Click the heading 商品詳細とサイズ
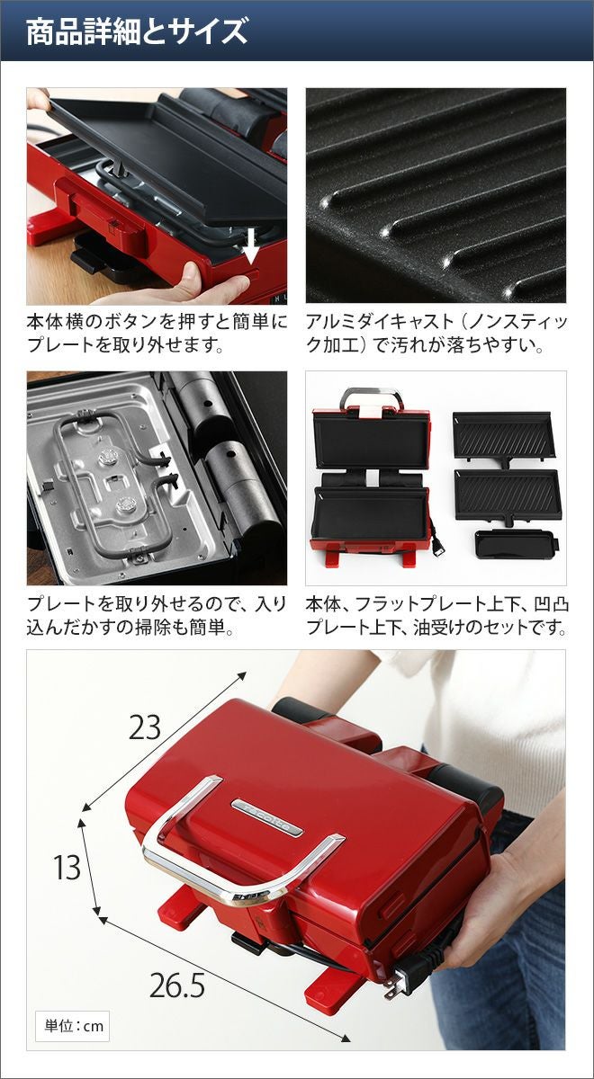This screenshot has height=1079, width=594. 137,31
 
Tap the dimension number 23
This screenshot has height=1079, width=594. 145,727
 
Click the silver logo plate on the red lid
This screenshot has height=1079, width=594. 266,818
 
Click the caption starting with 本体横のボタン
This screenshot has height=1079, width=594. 157,334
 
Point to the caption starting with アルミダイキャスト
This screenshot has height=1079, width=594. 436,334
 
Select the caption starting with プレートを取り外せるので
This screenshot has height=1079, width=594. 157,616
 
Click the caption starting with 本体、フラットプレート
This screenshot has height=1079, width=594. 436,616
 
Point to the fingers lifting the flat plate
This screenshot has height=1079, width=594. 38,99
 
